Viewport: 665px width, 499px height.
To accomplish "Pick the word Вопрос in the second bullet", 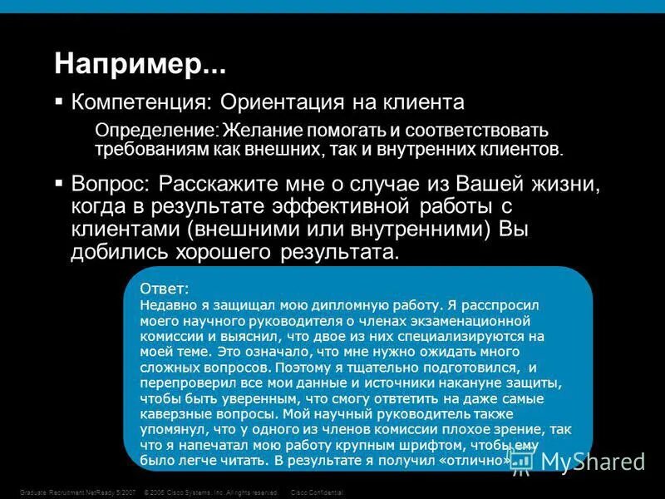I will point(109,182).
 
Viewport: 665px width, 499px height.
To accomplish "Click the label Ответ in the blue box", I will point(164,288).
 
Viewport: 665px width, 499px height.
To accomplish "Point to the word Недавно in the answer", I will point(166,304).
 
